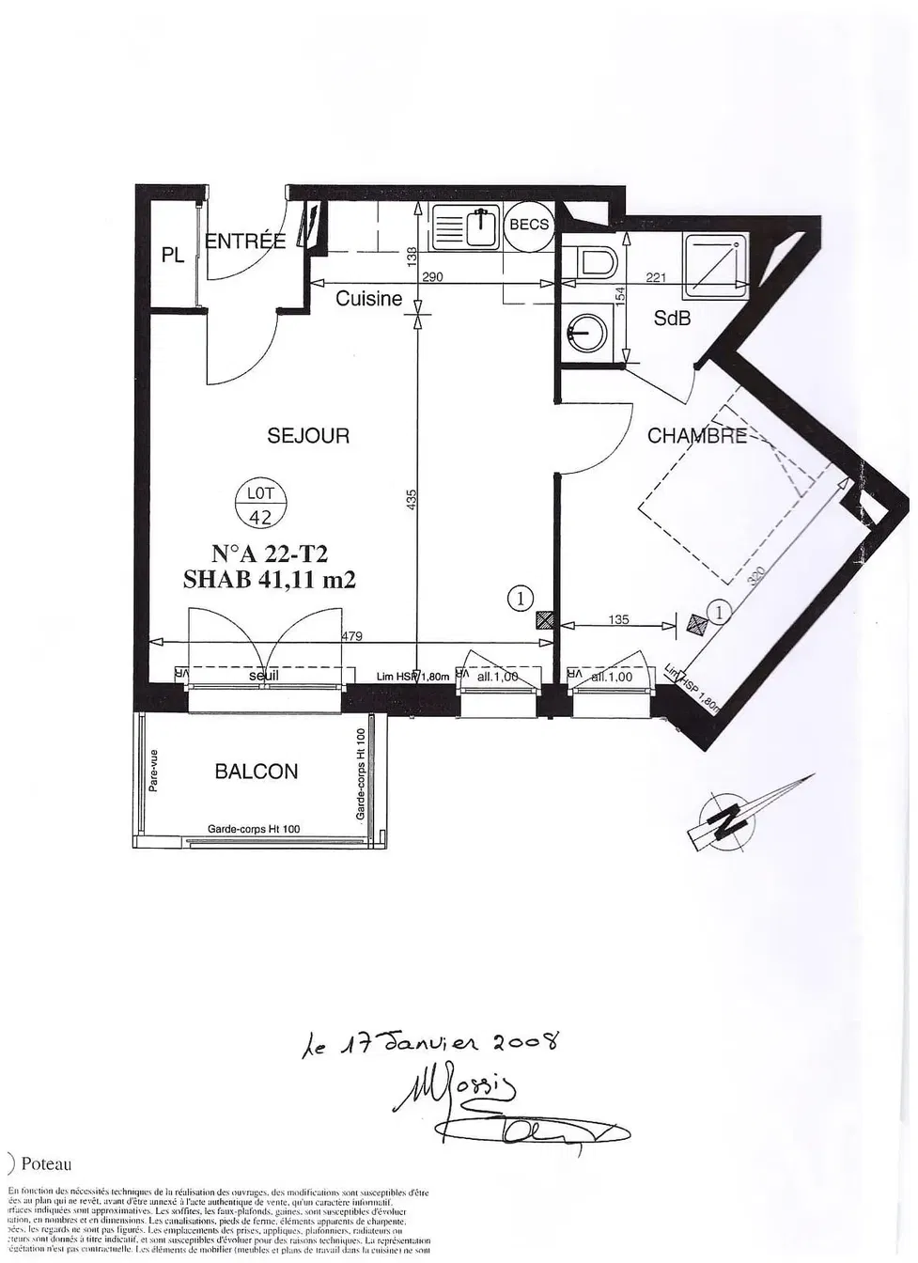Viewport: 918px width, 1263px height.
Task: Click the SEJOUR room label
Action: coord(308,435)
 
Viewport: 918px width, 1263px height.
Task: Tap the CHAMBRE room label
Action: coord(696,436)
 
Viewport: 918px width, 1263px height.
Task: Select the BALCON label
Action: coord(256,772)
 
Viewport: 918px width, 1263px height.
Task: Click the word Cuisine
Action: coord(368,299)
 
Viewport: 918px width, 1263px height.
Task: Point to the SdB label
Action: coord(672,319)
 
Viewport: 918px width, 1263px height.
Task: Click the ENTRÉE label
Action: coord(245,242)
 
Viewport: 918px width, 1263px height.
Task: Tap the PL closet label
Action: coord(173,255)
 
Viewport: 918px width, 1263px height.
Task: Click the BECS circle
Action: coord(528,226)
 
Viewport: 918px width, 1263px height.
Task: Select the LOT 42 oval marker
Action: coord(260,505)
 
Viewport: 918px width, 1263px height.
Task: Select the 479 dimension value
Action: coord(352,636)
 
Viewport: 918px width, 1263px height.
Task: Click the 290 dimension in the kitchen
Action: coord(432,277)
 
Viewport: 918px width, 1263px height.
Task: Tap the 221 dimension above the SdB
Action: coord(656,277)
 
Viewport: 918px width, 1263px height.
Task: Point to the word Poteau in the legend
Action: coord(46,1164)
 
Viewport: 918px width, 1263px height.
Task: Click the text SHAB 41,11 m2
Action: coord(269,580)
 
